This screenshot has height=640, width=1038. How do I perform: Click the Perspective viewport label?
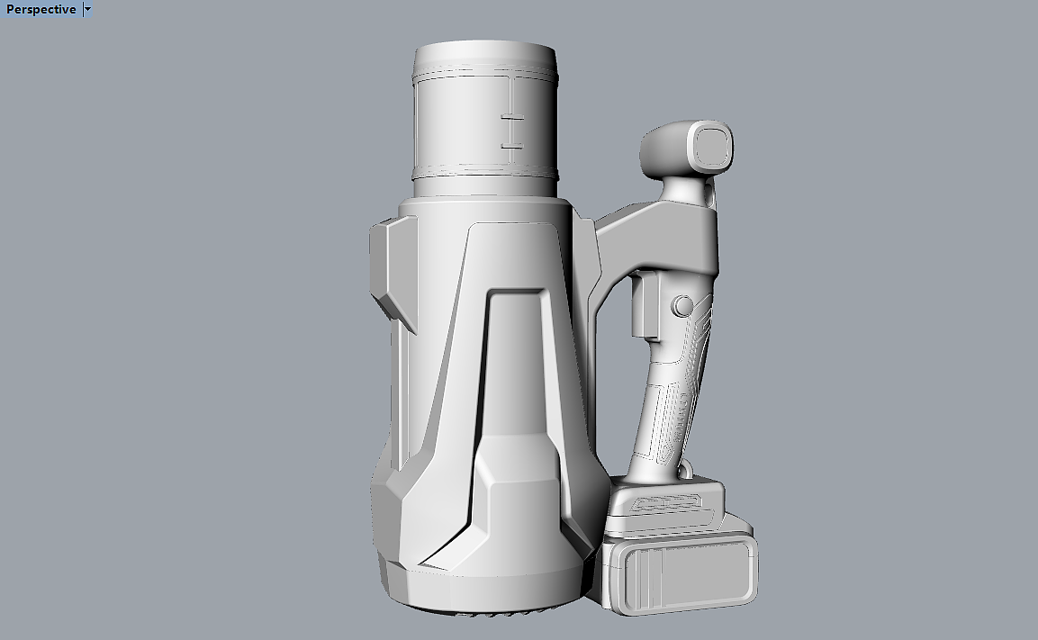(x=41, y=9)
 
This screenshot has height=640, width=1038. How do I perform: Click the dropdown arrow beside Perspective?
(x=87, y=9)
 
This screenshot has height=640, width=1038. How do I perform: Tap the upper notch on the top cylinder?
(x=511, y=118)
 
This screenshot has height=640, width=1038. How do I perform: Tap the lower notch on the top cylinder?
(x=511, y=145)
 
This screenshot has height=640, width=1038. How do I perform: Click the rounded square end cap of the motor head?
(x=710, y=147)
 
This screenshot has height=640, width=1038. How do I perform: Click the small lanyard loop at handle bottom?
(x=686, y=471)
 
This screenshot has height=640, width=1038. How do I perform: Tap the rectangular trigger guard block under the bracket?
(x=645, y=306)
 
